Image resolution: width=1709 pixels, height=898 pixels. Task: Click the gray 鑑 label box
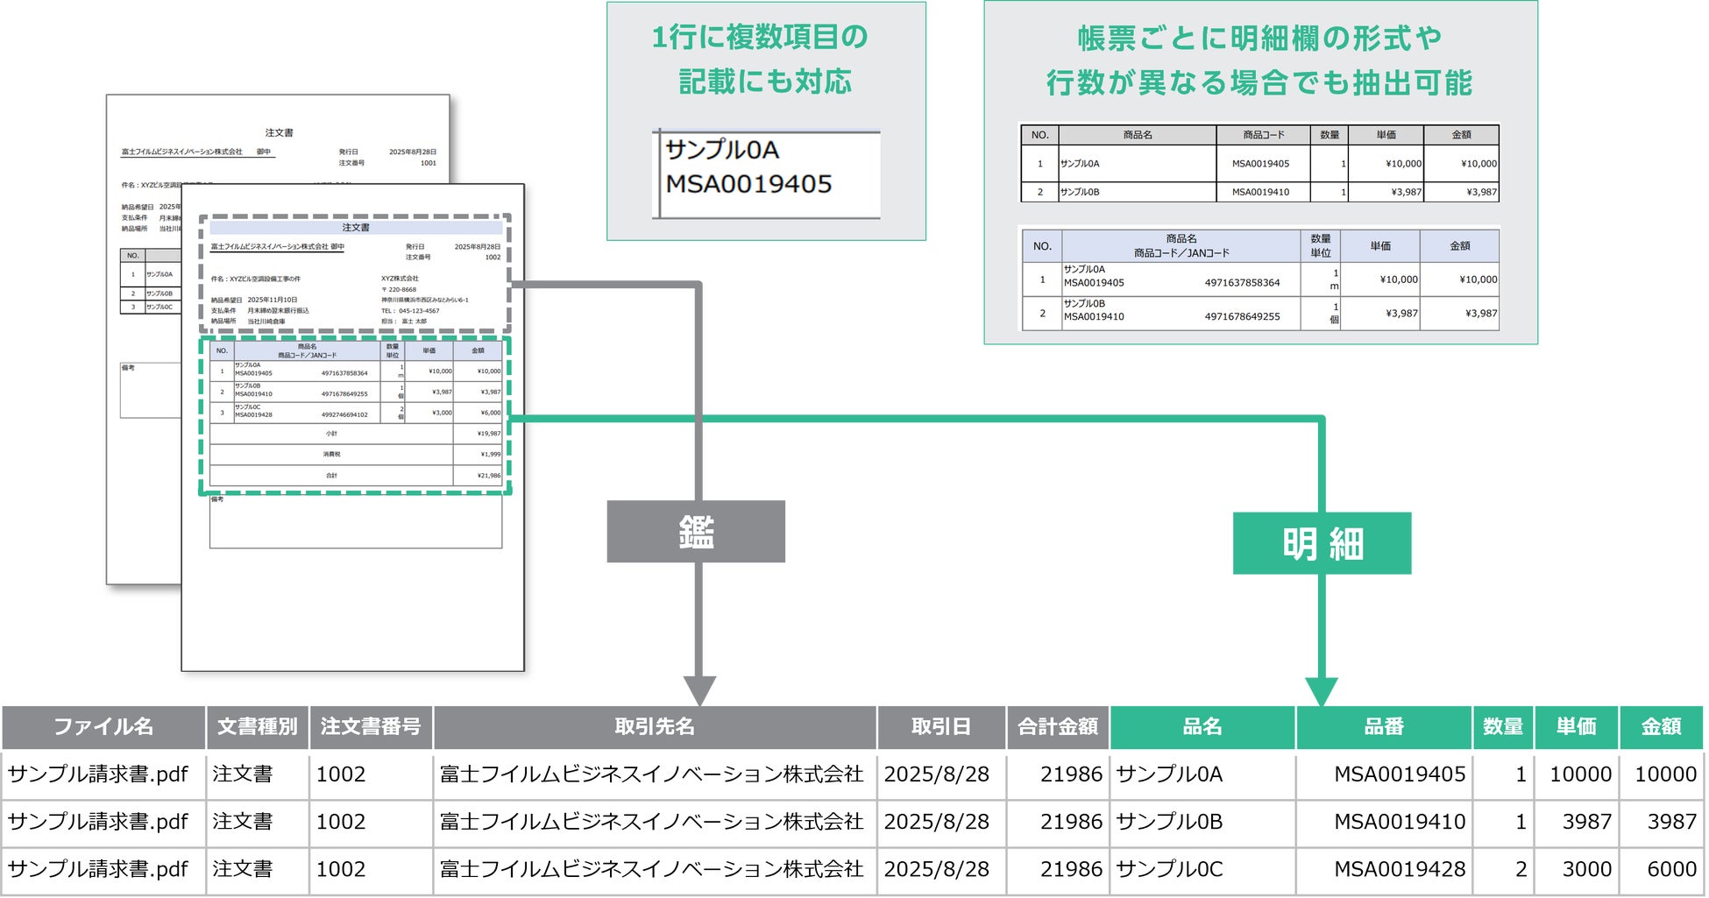click(696, 532)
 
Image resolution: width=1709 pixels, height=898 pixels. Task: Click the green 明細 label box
click(1322, 544)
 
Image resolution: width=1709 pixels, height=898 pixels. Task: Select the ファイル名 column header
click(103, 727)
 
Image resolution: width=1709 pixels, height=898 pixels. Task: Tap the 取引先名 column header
click(655, 727)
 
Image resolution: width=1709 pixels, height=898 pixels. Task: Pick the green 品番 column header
click(1384, 727)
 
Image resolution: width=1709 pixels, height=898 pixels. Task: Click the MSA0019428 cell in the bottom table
click(1399, 869)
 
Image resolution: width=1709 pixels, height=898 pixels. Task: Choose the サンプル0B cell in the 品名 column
click(1169, 822)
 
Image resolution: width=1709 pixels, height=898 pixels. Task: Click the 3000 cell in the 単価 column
click(1586, 869)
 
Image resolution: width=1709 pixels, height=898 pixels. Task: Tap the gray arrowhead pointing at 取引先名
click(699, 690)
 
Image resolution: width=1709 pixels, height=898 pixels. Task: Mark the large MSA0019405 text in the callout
click(748, 184)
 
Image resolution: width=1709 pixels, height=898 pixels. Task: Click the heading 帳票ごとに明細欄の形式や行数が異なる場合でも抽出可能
click(1259, 60)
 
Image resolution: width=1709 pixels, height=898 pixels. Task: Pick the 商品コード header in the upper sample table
click(1263, 135)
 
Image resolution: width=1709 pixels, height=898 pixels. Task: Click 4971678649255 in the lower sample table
click(1242, 316)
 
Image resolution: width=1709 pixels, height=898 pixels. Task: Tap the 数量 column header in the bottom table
click(1502, 727)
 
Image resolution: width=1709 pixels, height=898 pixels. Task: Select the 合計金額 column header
click(1058, 727)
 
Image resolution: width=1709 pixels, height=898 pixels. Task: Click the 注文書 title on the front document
click(356, 228)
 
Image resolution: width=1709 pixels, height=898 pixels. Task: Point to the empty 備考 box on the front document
click(356, 525)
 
